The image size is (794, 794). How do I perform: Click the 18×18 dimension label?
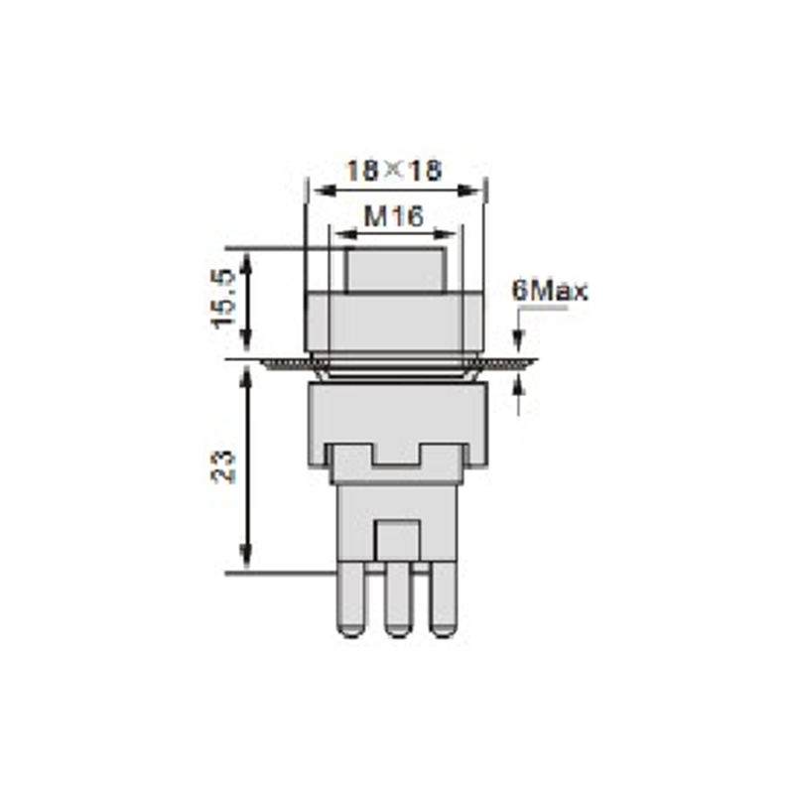(x=393, y=171)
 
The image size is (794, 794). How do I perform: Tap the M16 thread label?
(x=393, y=216)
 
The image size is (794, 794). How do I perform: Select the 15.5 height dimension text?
(x=223, y=300)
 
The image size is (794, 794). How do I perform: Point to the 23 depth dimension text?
(x=223, y=465)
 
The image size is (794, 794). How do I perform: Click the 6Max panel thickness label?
(x=550, y=291)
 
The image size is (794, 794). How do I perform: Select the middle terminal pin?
(x=398, y=599)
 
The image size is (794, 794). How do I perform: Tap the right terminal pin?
(x=444, y=599)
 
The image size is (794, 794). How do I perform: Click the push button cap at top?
(x=395, y=270)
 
